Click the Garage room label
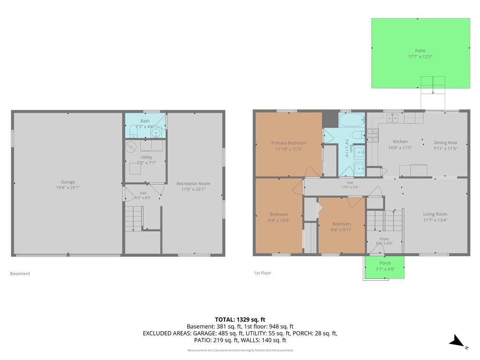68,182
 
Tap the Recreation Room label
193,184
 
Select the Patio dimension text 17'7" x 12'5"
420,57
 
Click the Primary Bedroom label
289,143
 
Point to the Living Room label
435,214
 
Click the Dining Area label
445,142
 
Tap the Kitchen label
400,142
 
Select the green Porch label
385,263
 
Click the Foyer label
384,239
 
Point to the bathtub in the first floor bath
352,120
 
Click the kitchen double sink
392,118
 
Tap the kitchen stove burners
373,135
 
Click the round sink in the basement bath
156,133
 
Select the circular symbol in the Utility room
131,147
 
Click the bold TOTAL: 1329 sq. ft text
240,320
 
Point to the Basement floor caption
20,274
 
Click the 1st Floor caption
262,273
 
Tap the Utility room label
146,157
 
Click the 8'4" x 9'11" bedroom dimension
341,230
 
